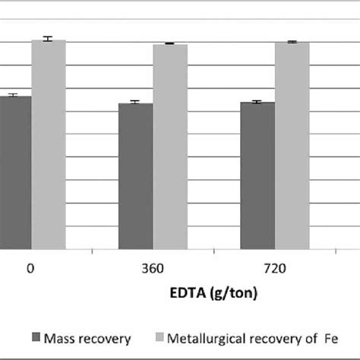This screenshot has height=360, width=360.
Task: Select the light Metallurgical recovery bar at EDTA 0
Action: click(x=48, y=144)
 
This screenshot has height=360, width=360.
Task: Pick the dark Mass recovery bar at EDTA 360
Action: click(x=135, y=175)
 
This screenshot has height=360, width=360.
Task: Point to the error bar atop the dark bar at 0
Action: click(x=11, y=95)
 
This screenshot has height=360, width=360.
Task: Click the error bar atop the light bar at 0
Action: click(x=48, y=39)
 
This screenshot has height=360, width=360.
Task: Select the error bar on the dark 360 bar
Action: click(x=135, y=103)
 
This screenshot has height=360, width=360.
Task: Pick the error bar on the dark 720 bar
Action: click(x=257, y=102)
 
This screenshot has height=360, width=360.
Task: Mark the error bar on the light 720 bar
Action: click(x=291, y=42)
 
